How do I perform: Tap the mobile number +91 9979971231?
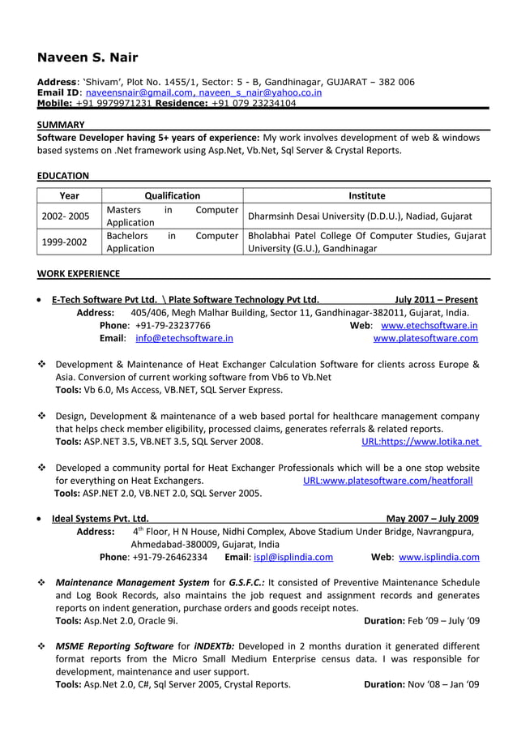[113, 104]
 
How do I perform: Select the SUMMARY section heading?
[62, 125]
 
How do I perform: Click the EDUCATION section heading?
[64, 176]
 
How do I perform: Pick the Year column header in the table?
[70, 195]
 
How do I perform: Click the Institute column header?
[366, 195]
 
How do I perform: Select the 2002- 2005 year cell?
[66, 216]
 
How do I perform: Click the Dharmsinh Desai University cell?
[360, 216]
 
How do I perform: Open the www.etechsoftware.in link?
[429, 325]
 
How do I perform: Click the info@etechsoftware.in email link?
[184, 338]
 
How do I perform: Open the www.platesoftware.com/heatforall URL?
[387, 481]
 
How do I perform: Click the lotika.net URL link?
[421, 442]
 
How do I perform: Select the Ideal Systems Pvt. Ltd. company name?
[100, 519]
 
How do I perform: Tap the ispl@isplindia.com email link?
[293, 558]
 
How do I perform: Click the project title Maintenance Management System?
[132, 582]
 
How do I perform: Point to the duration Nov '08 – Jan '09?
[421, 685]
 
